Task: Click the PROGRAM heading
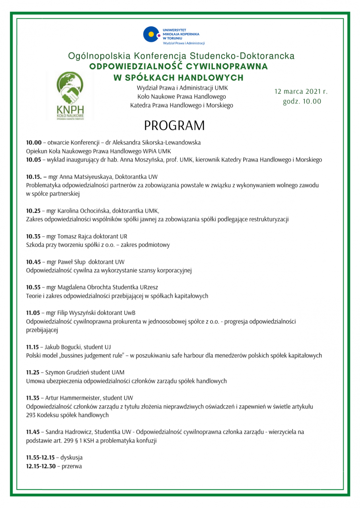point(174,126)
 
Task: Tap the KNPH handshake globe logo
point(70,88)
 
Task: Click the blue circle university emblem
point(151,35)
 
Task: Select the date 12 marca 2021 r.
point(301,91)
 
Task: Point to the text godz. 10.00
point(302,101)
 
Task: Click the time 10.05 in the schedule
point(33,160)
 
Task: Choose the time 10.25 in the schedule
point(33,211)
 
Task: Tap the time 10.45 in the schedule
point(33,262)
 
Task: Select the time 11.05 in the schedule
point(33,313)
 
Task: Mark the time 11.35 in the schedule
point(32,398)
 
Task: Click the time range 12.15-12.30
point(41,466)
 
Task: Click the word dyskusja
point(71,458)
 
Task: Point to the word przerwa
point(72,466)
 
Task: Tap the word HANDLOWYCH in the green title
point(211,78)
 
